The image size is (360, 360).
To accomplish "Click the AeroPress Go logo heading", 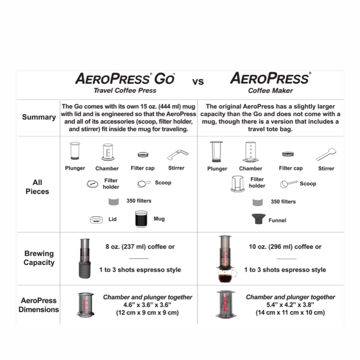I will (x=125, y=79).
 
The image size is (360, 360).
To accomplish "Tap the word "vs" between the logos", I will (x=198, y=82).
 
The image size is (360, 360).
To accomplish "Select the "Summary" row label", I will (x=39, y=117).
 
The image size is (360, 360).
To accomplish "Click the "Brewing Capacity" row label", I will (x=39, y=258).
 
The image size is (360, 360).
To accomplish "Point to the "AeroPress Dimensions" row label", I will (x=39, y=305).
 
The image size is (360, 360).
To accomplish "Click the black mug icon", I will (x=141, y=219).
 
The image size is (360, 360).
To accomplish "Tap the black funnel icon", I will (x=258, y=219).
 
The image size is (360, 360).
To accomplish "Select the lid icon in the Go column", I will (x=96, y=220).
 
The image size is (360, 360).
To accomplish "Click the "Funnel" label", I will (x=277, y=220).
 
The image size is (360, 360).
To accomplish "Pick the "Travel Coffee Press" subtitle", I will (x=125, y=90).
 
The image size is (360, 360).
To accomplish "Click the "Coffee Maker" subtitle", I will (x=270, y=90).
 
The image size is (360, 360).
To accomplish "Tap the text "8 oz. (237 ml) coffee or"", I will (x=140, y=246).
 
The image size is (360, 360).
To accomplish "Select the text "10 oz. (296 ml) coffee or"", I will (x=285, y=246).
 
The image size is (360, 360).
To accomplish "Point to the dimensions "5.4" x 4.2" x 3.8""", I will (x=290, y=304).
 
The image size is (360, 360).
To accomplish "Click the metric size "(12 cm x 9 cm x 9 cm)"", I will (x=147, y=313).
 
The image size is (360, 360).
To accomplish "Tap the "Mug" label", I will (x=159, y=219).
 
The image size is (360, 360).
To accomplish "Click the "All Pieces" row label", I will (x=37, y=187).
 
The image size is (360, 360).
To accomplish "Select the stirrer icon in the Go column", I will (x=178, y=154).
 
